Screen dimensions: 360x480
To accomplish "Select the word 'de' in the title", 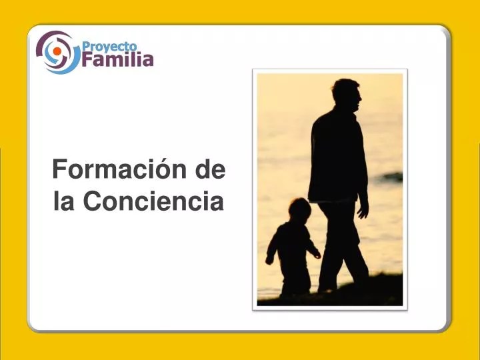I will point(211,171).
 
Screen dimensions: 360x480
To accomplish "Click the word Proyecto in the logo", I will point(109,46).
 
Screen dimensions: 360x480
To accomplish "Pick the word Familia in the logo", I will point(118,60).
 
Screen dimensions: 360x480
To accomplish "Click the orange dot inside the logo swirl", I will point(57,51).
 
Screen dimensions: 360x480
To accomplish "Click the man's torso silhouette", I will point(338,157).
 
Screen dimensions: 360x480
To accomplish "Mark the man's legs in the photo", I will point(340,247).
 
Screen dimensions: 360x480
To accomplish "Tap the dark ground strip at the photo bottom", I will point(333,297).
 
